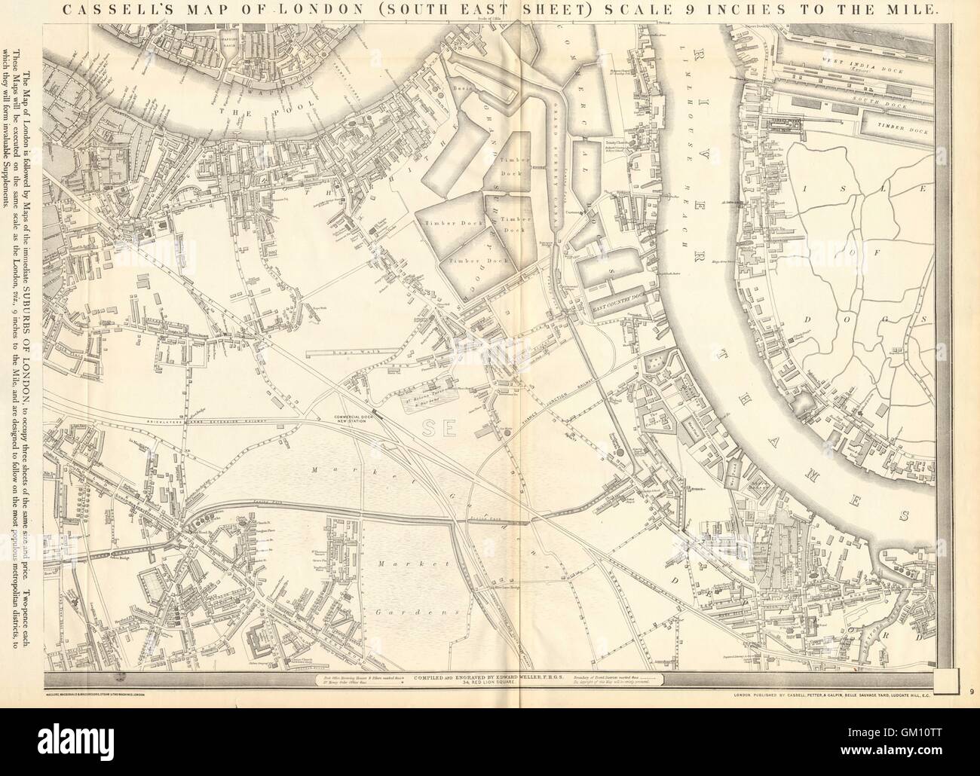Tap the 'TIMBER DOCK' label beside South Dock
tap(898, 127)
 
